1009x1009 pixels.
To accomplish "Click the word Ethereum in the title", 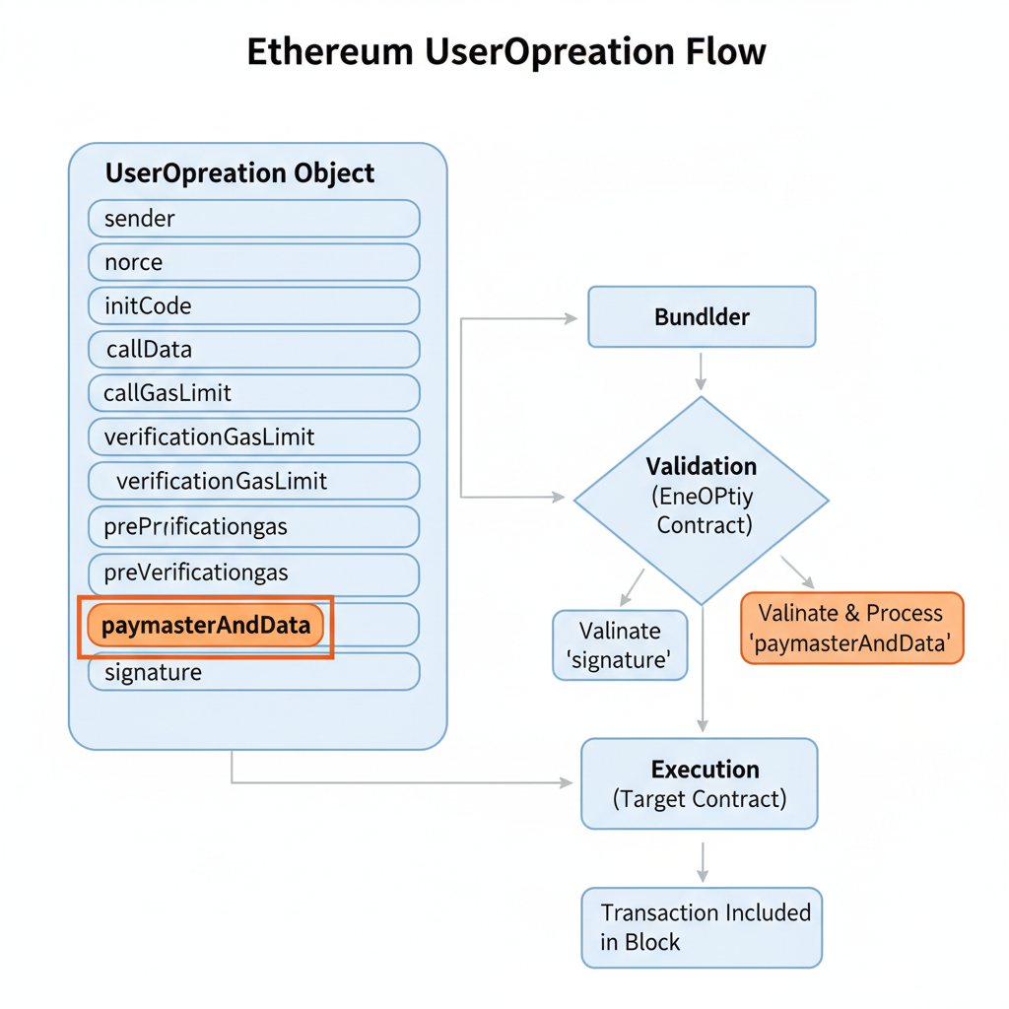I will point(329,51).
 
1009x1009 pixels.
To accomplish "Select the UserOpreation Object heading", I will point(239,173).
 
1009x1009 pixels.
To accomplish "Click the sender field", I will point(254,219).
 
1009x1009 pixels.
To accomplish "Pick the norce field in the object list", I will point(254,263).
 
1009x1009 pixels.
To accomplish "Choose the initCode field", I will point(254,306).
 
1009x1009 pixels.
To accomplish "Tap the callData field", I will point(254,350).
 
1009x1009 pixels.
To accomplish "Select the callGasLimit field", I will point(254,393).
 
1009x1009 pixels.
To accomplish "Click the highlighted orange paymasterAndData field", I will point(206,626).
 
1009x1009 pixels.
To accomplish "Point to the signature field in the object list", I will point(254,673).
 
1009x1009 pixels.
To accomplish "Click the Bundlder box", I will point(702,317).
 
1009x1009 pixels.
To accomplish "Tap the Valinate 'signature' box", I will point(620,645).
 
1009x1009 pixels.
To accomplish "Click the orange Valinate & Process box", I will point(851,629).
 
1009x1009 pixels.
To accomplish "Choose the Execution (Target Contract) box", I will point(700,783).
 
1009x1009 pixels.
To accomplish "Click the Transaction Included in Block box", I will point(702,927).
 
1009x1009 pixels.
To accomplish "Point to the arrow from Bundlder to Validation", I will point(701,370).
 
